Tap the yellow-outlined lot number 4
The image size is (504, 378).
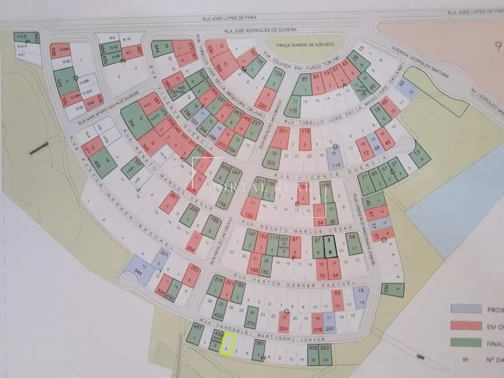pos(227,344)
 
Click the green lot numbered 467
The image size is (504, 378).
pos(196,334)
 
